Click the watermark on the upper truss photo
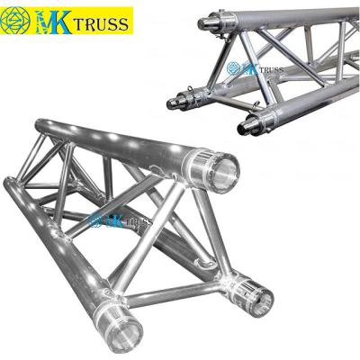point(256,68)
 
